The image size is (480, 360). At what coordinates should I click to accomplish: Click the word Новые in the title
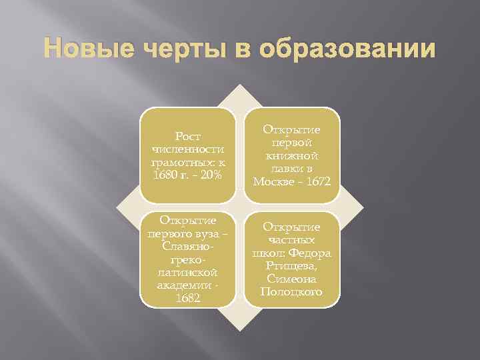pos(84,51)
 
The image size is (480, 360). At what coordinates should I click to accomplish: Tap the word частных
pos(291,240)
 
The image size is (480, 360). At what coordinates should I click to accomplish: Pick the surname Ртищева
pos(291,265)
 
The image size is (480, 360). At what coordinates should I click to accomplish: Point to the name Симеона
pos(291,278)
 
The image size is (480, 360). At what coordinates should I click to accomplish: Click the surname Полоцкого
pos(291,291)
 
